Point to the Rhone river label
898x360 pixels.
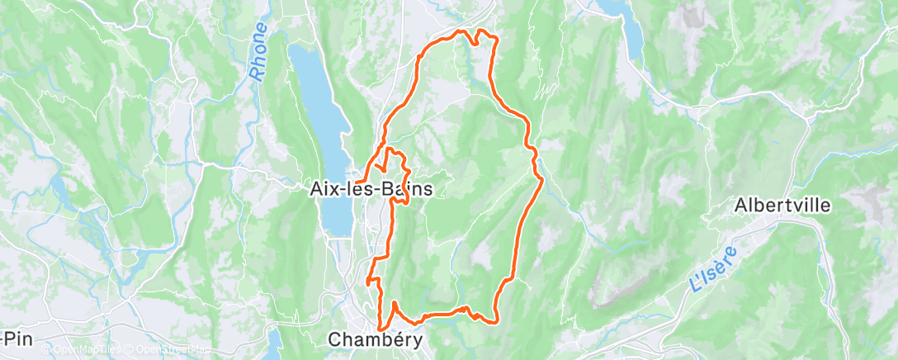[259, 51]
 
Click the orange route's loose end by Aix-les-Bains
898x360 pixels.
[357, 179]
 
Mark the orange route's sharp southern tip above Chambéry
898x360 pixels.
[380, 329]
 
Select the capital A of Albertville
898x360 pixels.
[740, 205]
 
